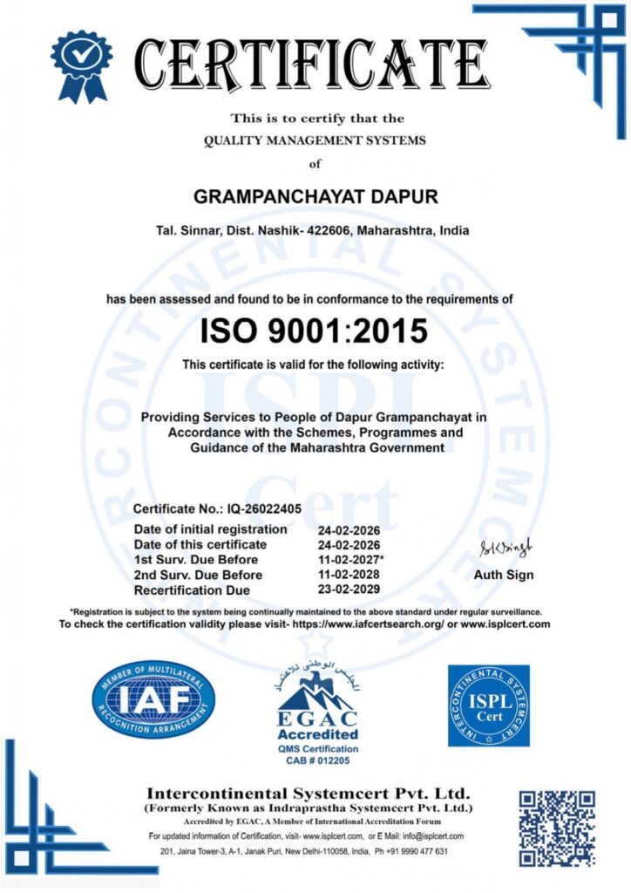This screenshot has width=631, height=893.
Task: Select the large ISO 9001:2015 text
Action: tap(315, 331)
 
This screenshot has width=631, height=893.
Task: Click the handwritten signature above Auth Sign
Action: tap(504, 548)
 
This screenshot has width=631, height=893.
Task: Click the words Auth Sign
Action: tap(504, 576)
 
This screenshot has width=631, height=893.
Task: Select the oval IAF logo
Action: tap(153, 699)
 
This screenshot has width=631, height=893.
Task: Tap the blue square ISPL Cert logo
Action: tap(488, 705)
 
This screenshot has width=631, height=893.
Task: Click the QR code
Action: tap(557, 828)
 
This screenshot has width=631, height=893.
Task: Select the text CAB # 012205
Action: tap(317, 760)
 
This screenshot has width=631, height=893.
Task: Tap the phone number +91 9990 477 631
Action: tap(410, 851)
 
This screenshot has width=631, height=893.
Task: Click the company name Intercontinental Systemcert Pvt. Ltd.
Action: tap(308, 794)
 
